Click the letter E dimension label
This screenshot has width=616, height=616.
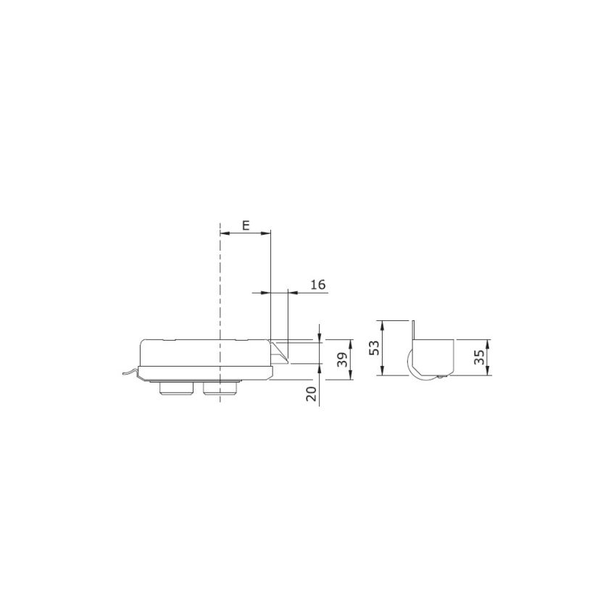click(x=246, y=225)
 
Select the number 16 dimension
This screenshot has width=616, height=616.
click(x=318, y=284)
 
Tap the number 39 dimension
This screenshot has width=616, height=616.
click(x=343, y=359)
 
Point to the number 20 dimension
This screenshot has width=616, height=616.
click(x=311, y=394)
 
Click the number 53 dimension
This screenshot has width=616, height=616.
click(x=375, y=348)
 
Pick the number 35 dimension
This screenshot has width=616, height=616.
click(x=479, y=357)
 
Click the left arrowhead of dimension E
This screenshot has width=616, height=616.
click(x=225, y=233)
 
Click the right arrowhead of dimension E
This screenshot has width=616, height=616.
click(x=267, y=233)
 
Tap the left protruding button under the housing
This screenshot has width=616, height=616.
click(x=176, y=388)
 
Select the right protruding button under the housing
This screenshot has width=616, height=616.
click(x=220, y=388)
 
